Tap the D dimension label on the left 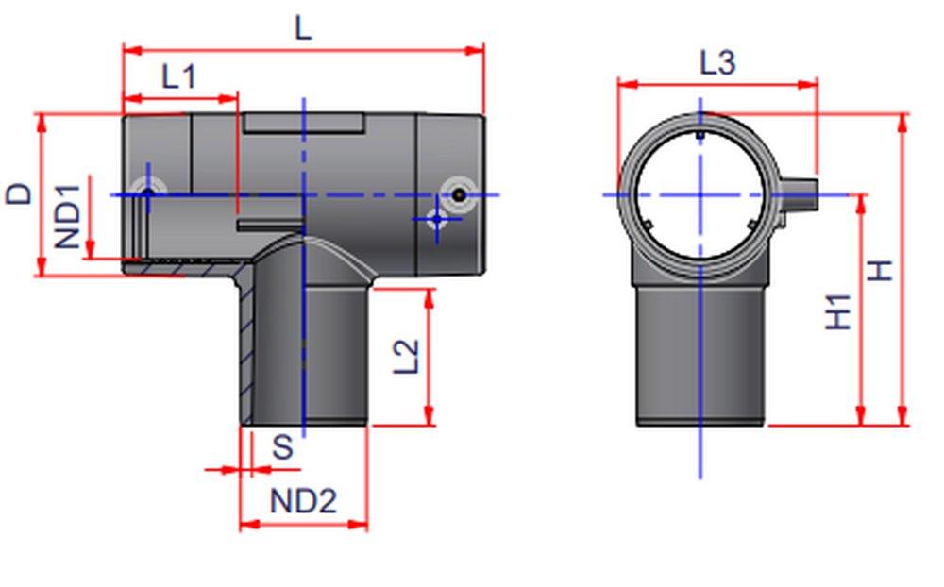19,193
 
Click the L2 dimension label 405,356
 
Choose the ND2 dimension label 303,500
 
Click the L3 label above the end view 716,63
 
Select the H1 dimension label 838,310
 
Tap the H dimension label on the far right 880,270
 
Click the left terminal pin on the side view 147,193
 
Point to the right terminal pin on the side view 458,193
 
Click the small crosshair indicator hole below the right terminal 435,219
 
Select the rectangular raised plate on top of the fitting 303,123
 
